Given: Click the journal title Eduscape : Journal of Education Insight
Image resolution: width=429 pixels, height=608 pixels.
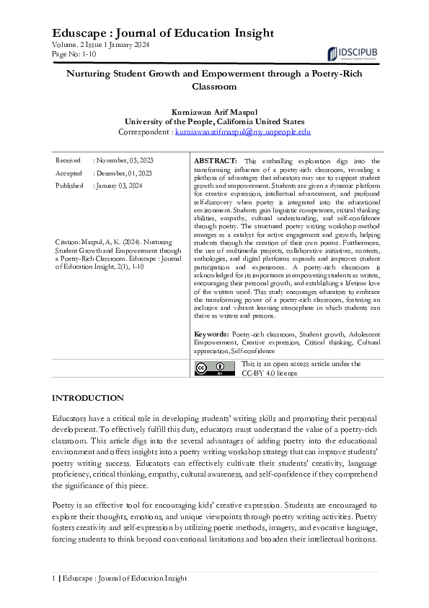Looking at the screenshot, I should (163, 33).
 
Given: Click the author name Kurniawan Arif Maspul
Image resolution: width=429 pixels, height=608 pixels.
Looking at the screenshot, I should (214, 112).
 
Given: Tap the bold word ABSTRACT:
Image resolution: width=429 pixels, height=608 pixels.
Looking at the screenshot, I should (216, 160).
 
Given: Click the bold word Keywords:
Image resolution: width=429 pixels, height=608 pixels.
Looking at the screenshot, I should (212, 335).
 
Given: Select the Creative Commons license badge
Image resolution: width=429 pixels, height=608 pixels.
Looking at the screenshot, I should (214, 368).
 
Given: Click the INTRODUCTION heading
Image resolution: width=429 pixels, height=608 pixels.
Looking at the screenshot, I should (88, 398).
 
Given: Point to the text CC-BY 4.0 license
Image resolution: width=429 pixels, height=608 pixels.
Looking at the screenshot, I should (269, 373).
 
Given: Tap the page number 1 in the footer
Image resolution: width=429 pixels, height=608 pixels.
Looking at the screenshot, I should (54, 578).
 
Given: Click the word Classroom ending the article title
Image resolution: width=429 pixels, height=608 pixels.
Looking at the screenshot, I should (214, 87).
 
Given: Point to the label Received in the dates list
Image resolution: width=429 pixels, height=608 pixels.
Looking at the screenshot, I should (68, 160).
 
